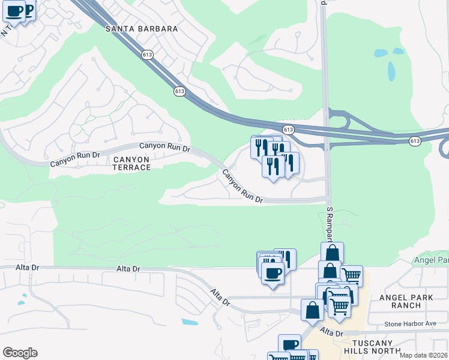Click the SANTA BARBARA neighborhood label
coord(142,29)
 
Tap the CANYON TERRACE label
coord(131,163)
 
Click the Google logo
coord(20,353)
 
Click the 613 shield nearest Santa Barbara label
coord(146,55)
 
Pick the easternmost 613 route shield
coord(415,140)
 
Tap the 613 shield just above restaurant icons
coord(288,130)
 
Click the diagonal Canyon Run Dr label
coord(243,187)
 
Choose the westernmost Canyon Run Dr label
coord(74,159)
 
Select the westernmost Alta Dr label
coord(10,269)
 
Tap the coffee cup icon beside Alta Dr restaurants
coord(272,274)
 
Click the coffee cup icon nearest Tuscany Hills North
coord(289,345)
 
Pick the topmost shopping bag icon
coord(332,253)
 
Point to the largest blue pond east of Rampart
coord(391,71)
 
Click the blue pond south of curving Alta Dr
coord(189,322)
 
